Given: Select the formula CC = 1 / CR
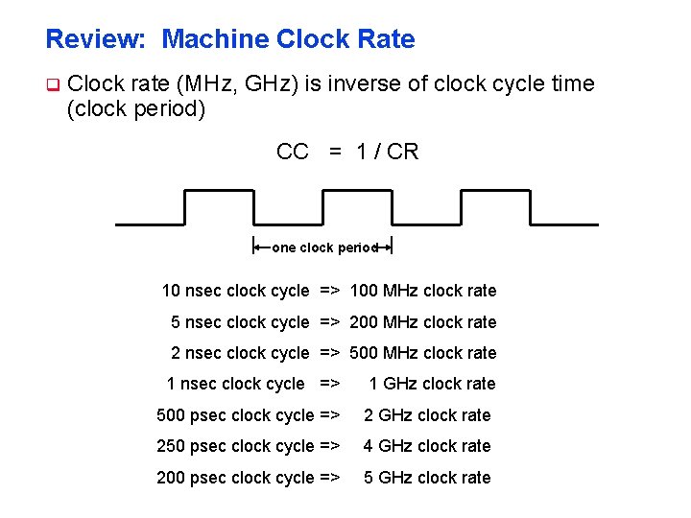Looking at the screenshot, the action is click(x=347, y=152).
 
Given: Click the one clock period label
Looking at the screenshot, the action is click(x=324, y=247).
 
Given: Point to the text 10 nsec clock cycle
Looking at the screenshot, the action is click(x=235, y=291).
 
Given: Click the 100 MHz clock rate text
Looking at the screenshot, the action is click(x=423, y=291).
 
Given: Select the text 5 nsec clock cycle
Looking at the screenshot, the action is click(x=240, y=322).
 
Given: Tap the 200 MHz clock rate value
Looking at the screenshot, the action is click(x=423, y=322).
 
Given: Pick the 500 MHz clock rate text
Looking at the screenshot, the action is click(x=423, y=353).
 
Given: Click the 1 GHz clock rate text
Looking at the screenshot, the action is click(x=432, y=384).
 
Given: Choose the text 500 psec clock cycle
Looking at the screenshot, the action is click(x=235, y=415).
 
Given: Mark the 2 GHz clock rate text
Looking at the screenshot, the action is click(x=426, y=415).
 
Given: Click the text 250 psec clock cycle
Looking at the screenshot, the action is click(x=235, y=446).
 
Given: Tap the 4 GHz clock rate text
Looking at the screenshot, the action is click(x=426, y=446).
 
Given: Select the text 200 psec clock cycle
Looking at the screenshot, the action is click(x=235, y=478).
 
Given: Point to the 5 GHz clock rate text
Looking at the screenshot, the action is click(x=426, y=478).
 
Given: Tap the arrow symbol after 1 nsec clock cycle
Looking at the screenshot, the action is click(x=329, y=384).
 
